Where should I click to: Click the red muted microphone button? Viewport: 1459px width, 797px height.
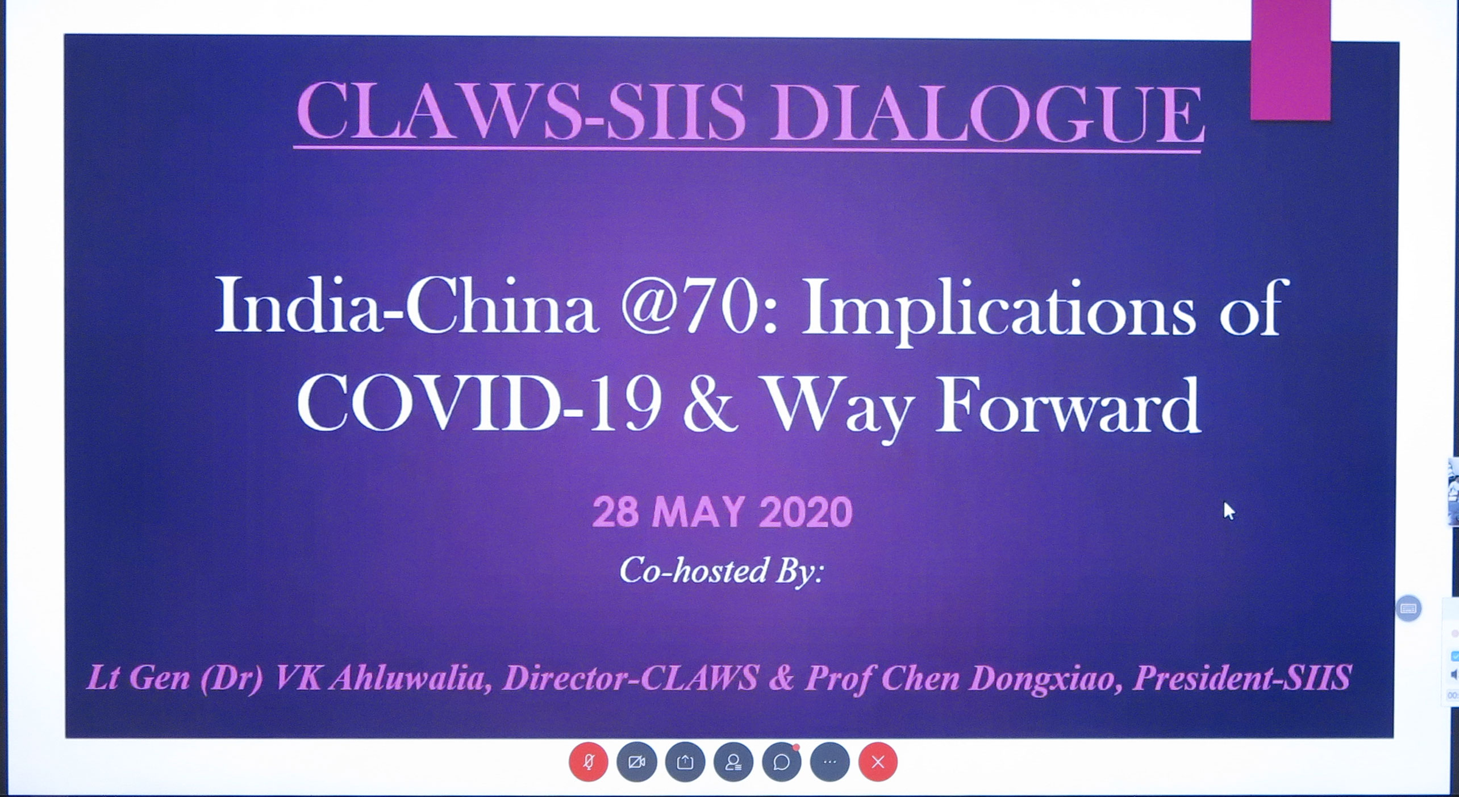[x=589, y=762]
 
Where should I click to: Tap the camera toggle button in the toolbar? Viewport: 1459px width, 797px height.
[x=637, y=762]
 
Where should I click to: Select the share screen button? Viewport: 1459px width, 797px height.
[x=685, y=762]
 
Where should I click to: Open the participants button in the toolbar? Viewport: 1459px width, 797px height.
[x=733, y=762]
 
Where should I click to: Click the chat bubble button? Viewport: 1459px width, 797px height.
[x=782, y=762]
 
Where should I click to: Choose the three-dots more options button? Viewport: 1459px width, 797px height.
[x=830, y=762]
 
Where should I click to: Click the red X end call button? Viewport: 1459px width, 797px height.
[x=878, y=762]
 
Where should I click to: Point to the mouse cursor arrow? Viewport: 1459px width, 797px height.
[x=1229, y=510]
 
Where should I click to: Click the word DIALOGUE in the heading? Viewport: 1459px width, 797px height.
[x=986, y=113]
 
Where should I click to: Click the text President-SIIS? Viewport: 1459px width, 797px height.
[x=1242, y=678]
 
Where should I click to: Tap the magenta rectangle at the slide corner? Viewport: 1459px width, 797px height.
[x=1291, y=59]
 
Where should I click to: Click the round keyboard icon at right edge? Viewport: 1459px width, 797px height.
[x=1408, y=609]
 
